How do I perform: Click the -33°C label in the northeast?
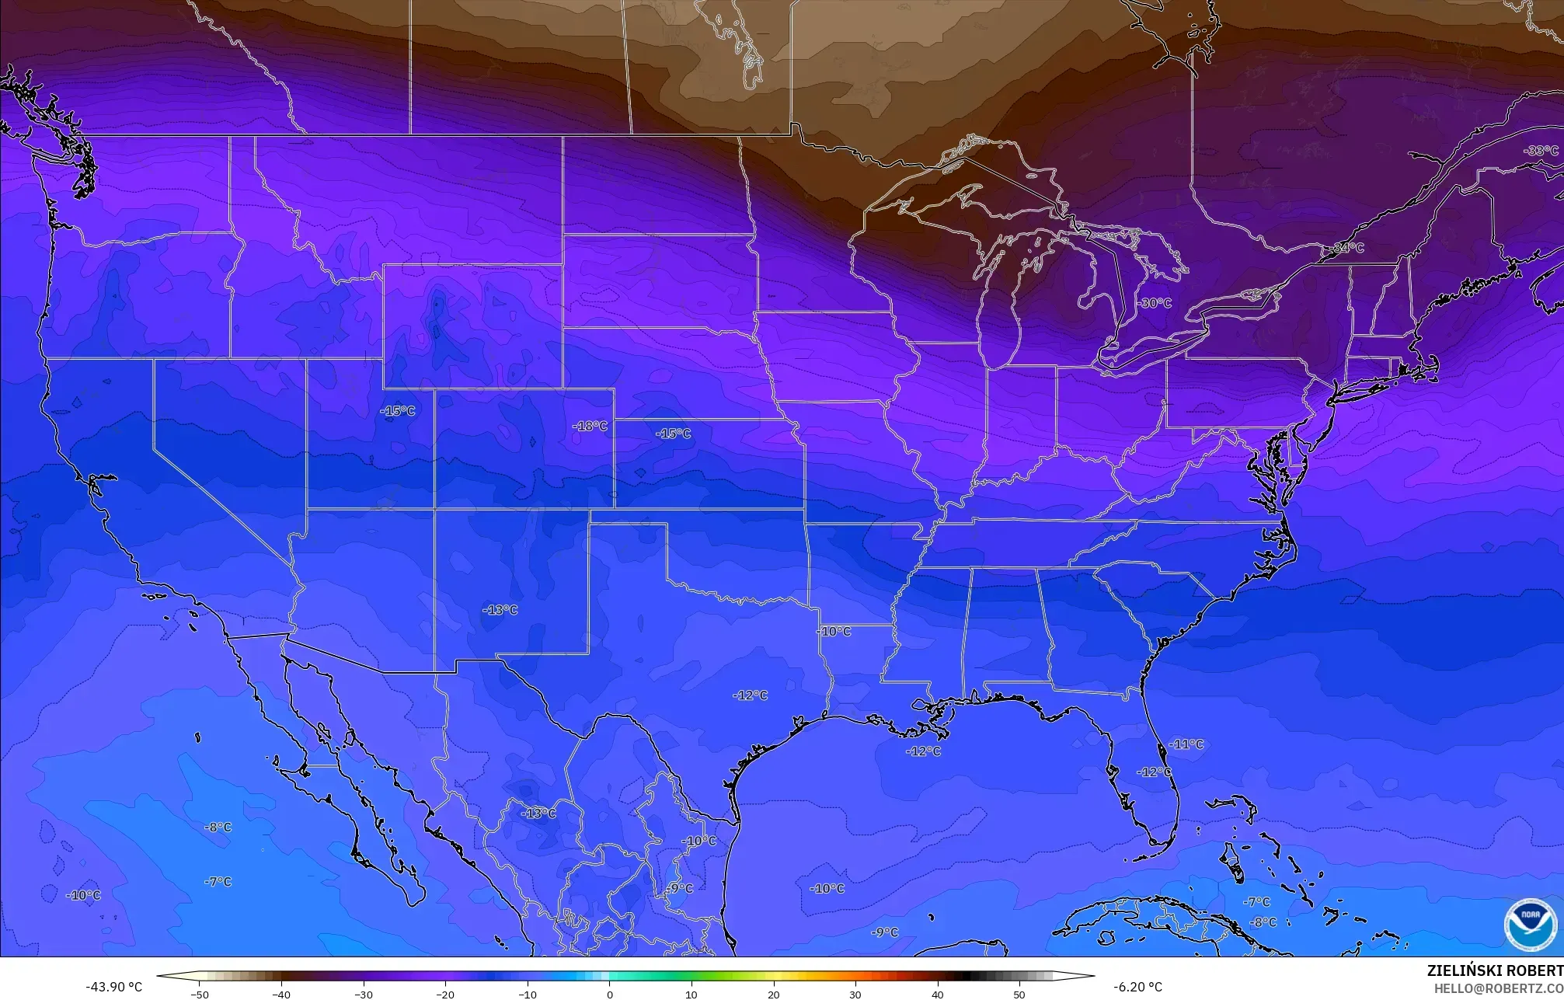(x=1541, y=151)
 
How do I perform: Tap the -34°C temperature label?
(x=1348, y=248)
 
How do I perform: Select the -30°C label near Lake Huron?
(x=1155, y=303)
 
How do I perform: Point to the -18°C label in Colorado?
(x=590, y=426)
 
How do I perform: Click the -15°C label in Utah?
(x=397, y=410)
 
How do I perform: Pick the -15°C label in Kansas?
(x=673, y=434)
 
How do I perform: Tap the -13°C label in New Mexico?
(x=500, y=610)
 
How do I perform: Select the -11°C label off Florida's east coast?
(x=1186, y=744)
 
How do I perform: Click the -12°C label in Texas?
(x=750, y=695)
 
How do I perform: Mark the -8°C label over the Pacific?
(x=218, y=827)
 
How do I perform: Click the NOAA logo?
(x=1530, y=925)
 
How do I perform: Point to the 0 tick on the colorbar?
(x=609, y=995)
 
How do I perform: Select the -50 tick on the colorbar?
(x=200, y=995)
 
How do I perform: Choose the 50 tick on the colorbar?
(x=1019, y=995)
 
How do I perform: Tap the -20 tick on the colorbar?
(x=445, y=995)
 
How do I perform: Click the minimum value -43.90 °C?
(x=113, y=987)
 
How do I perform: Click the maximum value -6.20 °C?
(x=1137, y=987)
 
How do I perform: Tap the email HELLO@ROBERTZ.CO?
(x=1498, y=988)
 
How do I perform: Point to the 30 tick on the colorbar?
(x=855, y=995)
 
